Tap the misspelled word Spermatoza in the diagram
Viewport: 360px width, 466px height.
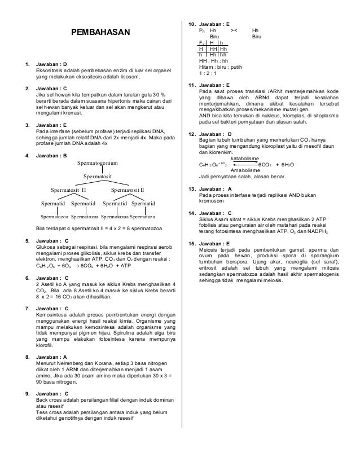[142, 216]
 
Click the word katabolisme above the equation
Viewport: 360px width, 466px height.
[245, 159]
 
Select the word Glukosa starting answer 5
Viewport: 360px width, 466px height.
[46, 246]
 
